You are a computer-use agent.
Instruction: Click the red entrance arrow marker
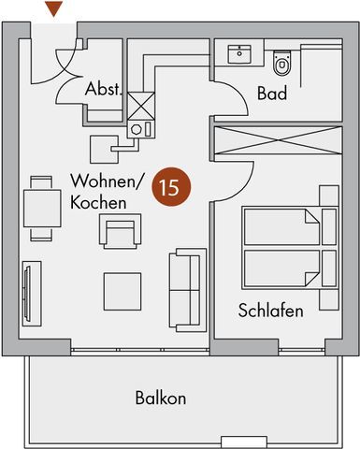tap(54, 8)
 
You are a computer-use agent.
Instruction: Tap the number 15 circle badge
tap(170, 187)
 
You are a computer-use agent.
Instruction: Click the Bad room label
tap(272, 94)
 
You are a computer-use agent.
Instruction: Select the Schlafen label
tap(270, 311)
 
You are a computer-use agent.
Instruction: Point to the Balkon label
tap(161, 398)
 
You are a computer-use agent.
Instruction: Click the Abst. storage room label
tap(103, 89)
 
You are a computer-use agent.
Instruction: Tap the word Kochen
tap(98, 202)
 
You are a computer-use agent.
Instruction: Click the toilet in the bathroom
tap(281, 64)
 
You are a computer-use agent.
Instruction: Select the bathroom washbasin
tap(239, 54)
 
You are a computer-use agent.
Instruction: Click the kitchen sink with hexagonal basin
tap(140, 129)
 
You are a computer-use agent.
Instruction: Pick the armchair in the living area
tap(120, 231)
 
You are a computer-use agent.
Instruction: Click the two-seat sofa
tap(188, 290)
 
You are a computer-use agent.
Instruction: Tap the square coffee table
tap(122, 292)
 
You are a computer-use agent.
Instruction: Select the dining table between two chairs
tap(42, 209)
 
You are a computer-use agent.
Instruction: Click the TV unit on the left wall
tap(32, 294)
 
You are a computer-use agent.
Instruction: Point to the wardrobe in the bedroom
tap(278, 140)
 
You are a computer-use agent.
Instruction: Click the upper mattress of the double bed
tap(281, 226)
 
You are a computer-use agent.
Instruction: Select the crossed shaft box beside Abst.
tap(141, 106)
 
